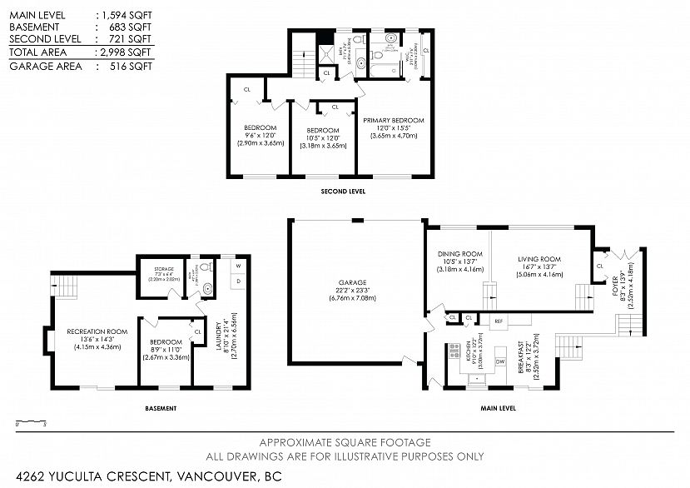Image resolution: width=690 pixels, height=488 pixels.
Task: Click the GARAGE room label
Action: click(353, 282)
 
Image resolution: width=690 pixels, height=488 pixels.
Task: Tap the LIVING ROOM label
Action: click(539, 259)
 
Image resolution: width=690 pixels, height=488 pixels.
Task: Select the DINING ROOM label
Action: click(459, 254)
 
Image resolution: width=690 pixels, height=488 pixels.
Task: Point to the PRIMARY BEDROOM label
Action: click(393, 120)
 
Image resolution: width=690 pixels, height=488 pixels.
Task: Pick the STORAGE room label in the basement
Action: click(163, 269)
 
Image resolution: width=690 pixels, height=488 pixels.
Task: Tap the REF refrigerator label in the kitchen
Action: click(499, 320)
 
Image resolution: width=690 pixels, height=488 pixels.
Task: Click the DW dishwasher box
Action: click(499, 361)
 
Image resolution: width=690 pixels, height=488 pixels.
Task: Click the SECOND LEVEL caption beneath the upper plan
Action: click(343, 192)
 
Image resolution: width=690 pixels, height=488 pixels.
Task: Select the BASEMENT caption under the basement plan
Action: click(161, 408)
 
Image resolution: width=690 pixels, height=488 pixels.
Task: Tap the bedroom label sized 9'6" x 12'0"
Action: click(261, 128)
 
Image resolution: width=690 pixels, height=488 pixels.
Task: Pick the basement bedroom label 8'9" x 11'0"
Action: click(166, 341)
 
